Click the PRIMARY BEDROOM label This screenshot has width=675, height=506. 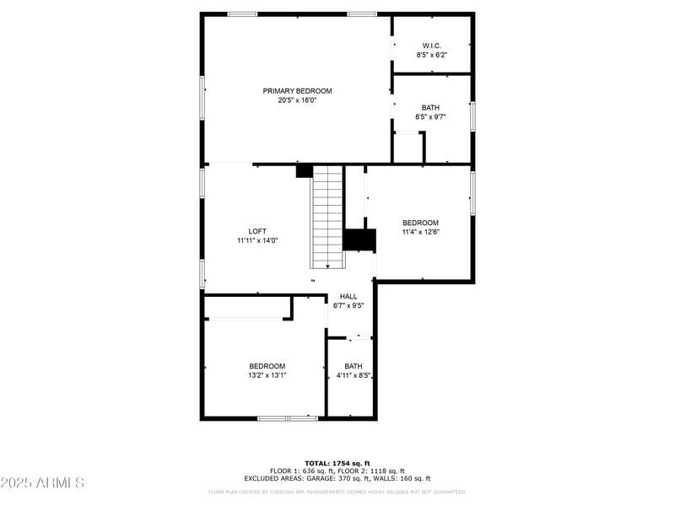tap(297, 91)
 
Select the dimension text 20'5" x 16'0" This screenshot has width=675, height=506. tap(297, 100)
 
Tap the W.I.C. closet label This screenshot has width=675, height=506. tap(431, 46)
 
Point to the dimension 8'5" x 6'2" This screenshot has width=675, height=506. tap(431, 55)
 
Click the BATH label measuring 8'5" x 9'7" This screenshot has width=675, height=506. tap(430, 108)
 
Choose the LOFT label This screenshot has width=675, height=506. tap(257, 231)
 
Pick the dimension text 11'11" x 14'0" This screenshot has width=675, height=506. tap(257, 240)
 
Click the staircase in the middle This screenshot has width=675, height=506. tap(328, 215)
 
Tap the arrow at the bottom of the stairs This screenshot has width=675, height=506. tap(328, 264)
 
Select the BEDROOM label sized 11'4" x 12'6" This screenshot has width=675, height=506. tap(420, 223)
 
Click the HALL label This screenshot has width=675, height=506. tap(348, 297)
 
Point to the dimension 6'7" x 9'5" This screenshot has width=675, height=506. tap(348, 306)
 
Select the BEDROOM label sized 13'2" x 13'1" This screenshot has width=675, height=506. tap(267, 366)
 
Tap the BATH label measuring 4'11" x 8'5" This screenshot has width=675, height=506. tap(354, 366)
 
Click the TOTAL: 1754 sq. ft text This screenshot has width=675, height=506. tap(337, 463)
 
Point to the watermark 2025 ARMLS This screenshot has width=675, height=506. tap(42, 483)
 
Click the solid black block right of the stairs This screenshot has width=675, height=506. tap(359, 240)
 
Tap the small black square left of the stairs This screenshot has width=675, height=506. tap(304, 171)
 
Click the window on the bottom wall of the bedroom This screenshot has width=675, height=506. tap(287, 418)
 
